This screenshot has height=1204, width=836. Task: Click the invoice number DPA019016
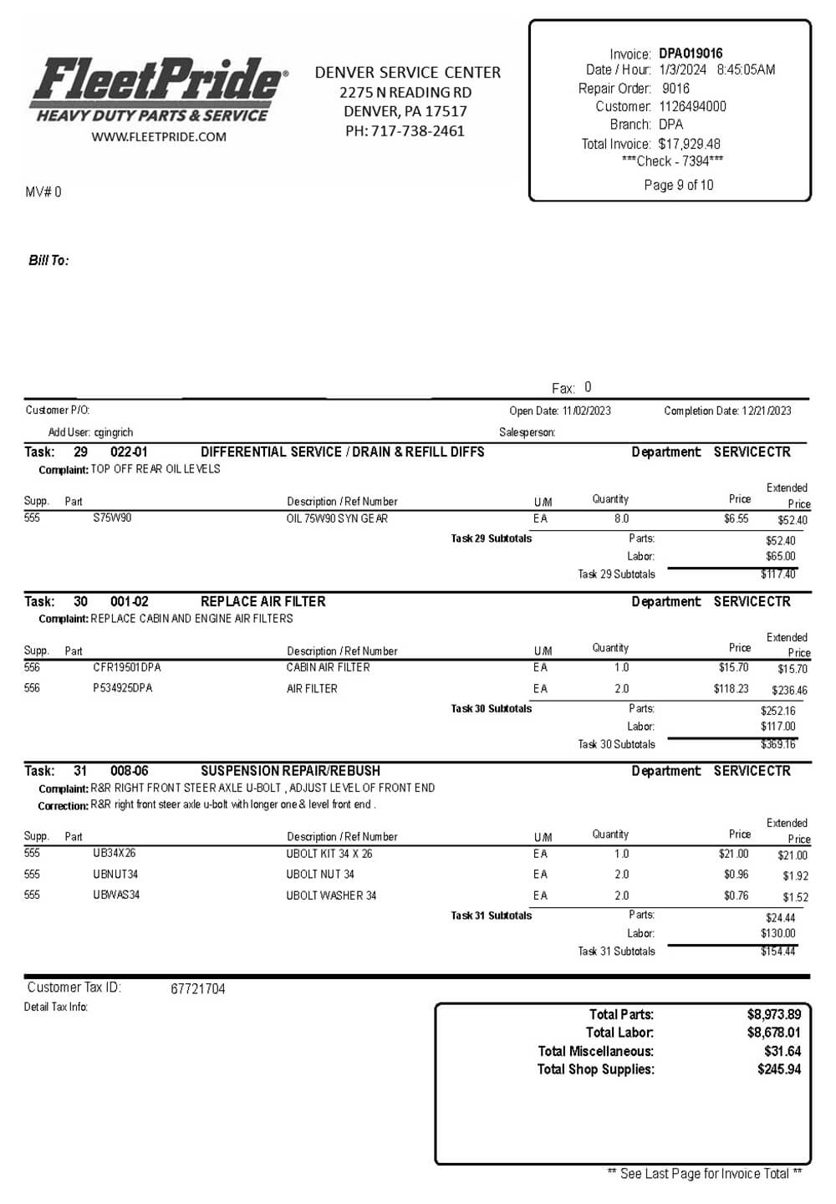[691, 54]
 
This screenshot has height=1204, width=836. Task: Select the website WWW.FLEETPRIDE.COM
[159, 137]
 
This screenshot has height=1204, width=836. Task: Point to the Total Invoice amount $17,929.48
[689, 144]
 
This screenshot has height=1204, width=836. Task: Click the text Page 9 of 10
[679, 185]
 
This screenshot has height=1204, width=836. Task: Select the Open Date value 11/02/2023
[586, 411]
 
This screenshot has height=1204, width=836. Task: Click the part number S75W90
[112, 518]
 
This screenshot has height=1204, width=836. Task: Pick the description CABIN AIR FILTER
[328, 667]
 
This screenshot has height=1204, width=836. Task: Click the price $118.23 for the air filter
[731, 689]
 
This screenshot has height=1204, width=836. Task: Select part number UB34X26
[115, 854]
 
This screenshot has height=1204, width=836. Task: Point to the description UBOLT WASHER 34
[331, 895]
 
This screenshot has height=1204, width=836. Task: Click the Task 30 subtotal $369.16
[777, 744]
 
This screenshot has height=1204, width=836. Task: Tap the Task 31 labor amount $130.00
[777, 933]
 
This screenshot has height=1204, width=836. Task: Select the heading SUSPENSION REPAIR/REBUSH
[290, 771]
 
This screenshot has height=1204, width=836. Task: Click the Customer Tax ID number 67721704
[198, 989]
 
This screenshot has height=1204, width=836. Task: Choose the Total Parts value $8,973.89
[773, 1014]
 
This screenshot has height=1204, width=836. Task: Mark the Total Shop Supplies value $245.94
[778, 1069]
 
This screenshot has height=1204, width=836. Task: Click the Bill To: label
[48, 261]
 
